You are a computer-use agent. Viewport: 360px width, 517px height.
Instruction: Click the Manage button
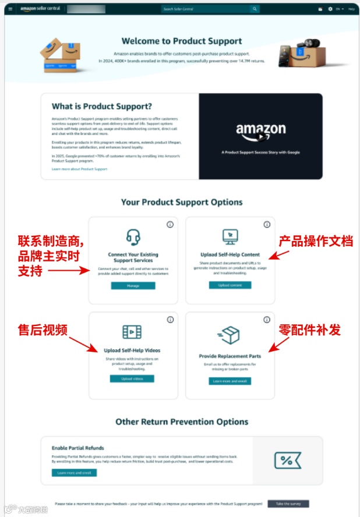pyautogui.click(x=133, y=286)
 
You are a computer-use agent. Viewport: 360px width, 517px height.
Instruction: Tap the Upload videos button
pyautogui.click(x=132, y=378)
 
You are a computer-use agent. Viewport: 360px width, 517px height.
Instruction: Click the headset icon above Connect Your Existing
pyautogui.click(x=133, y=237)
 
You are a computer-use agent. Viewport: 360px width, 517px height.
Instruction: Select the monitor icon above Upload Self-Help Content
pyautogui.click(x=230, y=236)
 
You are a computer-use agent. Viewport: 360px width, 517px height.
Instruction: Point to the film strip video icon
pyautogui.click(x=132, y=332)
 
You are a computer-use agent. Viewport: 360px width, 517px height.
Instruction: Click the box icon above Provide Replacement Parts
pyautogui.click(x=229, y=335)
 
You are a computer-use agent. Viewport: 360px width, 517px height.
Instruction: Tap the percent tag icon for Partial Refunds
pyautogui.click(x=287, y=460)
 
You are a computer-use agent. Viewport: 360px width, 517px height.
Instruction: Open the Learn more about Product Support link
pyautogui.click(x=79, y=169)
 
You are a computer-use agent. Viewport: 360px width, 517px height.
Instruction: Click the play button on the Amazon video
pyautogui.click(x=261, y=136)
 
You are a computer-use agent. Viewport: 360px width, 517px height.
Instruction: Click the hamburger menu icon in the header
pyautogui.click(x=10, y=9)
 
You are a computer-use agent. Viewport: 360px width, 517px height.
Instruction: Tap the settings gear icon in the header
pyautogui.click(x=330, y=9)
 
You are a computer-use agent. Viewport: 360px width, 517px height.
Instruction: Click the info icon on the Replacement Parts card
pyautogui.click(x=267, y=320)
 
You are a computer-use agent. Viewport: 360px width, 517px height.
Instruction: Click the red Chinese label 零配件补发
pyautogui.click(x=309, y=330)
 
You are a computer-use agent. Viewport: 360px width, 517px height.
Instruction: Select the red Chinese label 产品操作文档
pyautogui.click(x=315, y=240)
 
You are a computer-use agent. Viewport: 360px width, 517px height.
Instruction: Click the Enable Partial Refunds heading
pyautogui.click(x=77, y=448)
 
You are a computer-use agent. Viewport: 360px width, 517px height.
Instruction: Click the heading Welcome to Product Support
pyautogui.click(x=182, y=41)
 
